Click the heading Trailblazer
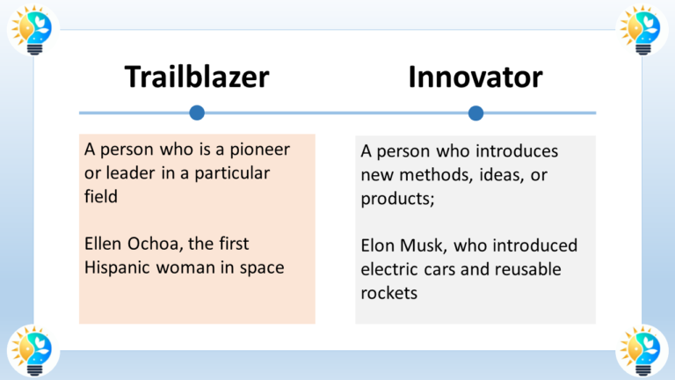coord(196,77)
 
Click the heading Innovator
coord(475,77)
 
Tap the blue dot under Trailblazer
coord(197,113)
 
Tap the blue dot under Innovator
coord(475,113)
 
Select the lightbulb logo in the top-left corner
coord(33,29)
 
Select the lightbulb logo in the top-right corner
coord(642,29)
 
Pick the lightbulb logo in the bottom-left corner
coord(33,349)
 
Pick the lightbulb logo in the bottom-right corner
coord(642,349)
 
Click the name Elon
coord(380,245)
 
